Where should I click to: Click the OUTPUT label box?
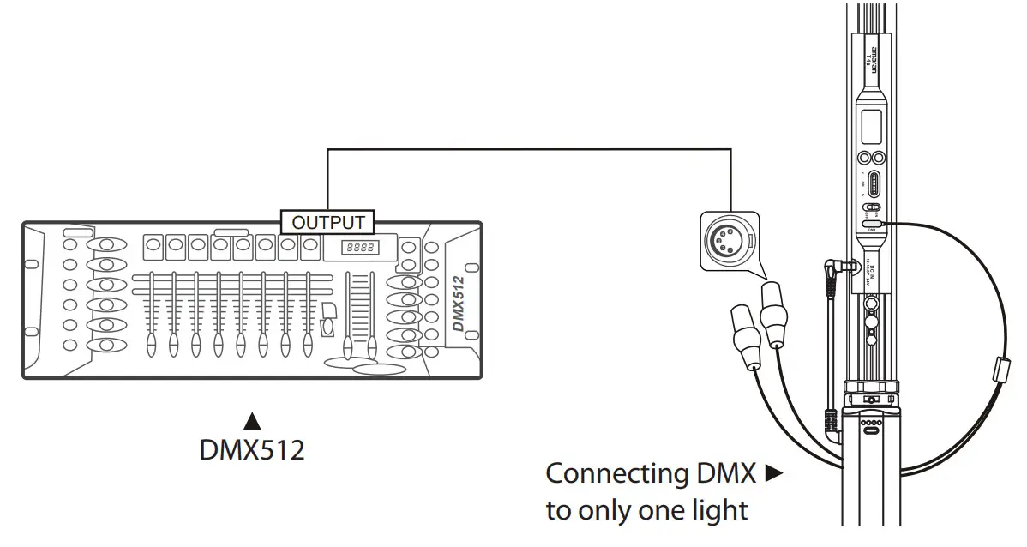(x=328, y=223)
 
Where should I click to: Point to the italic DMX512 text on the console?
(x=459, y=304)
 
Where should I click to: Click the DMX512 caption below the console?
(x=252, y=449)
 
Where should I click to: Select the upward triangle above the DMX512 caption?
(x=252, y=421)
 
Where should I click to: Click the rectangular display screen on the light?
(x=872, y=125)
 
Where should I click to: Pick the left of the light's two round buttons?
(x=864, y=158)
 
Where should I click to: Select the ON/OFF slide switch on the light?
(x=872, y=207)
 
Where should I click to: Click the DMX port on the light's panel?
(x=872, y=225)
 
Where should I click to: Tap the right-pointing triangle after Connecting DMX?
(x=773, y=473)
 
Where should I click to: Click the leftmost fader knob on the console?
(x=152, y=345)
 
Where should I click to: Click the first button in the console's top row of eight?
(x=154, y=245)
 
